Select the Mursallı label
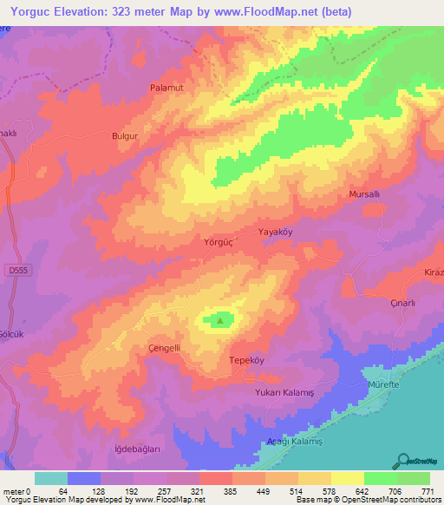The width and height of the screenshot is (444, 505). [363, 195]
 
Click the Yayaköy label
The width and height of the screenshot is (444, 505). [278, 232]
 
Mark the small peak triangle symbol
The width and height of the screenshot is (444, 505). [219, 320]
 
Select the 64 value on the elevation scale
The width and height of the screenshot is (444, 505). [62, 490]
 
